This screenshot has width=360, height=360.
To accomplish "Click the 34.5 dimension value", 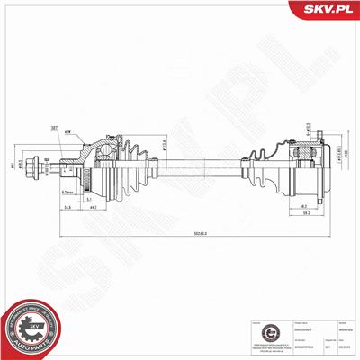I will coord(68,206).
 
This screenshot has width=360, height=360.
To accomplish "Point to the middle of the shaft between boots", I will coord(198,165).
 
